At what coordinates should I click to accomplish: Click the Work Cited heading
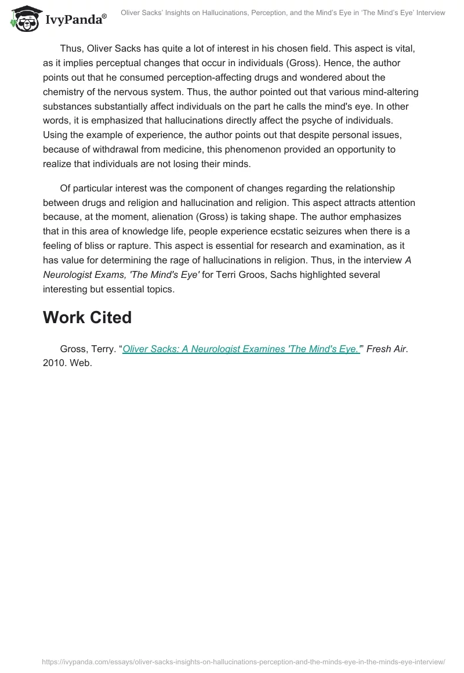(87, 317)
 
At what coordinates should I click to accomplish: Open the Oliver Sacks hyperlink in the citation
(241, 349)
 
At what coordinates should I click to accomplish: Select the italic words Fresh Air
(386, 349)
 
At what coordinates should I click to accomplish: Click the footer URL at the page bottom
(244, 661)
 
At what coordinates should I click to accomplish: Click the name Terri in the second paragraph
(227, 275)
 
